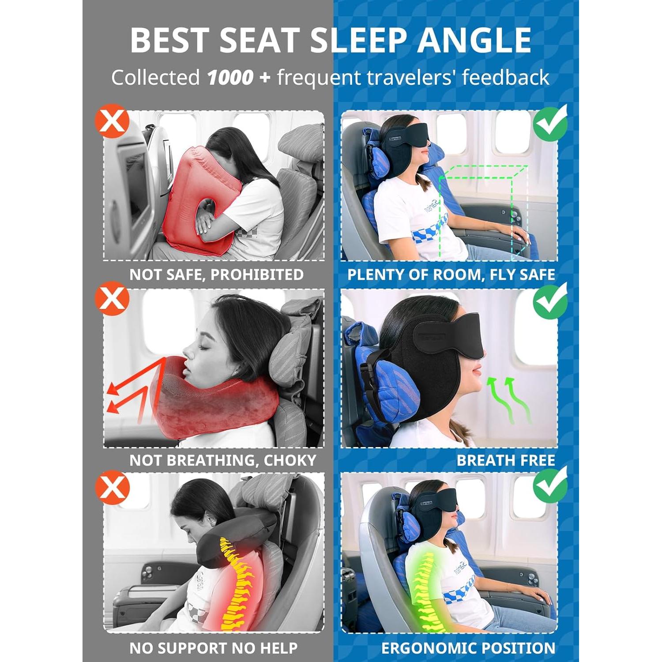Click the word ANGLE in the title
(474, 40)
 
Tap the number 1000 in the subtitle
(230, 78)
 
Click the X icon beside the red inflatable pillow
(112, 121)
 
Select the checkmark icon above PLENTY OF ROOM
(550, 123)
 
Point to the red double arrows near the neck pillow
(128, 393)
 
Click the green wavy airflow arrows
(508, 399)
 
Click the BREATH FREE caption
(505, 460)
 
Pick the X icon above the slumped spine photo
(112, 488)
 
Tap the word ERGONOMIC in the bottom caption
(424, 648)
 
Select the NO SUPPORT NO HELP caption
(214, 648)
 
